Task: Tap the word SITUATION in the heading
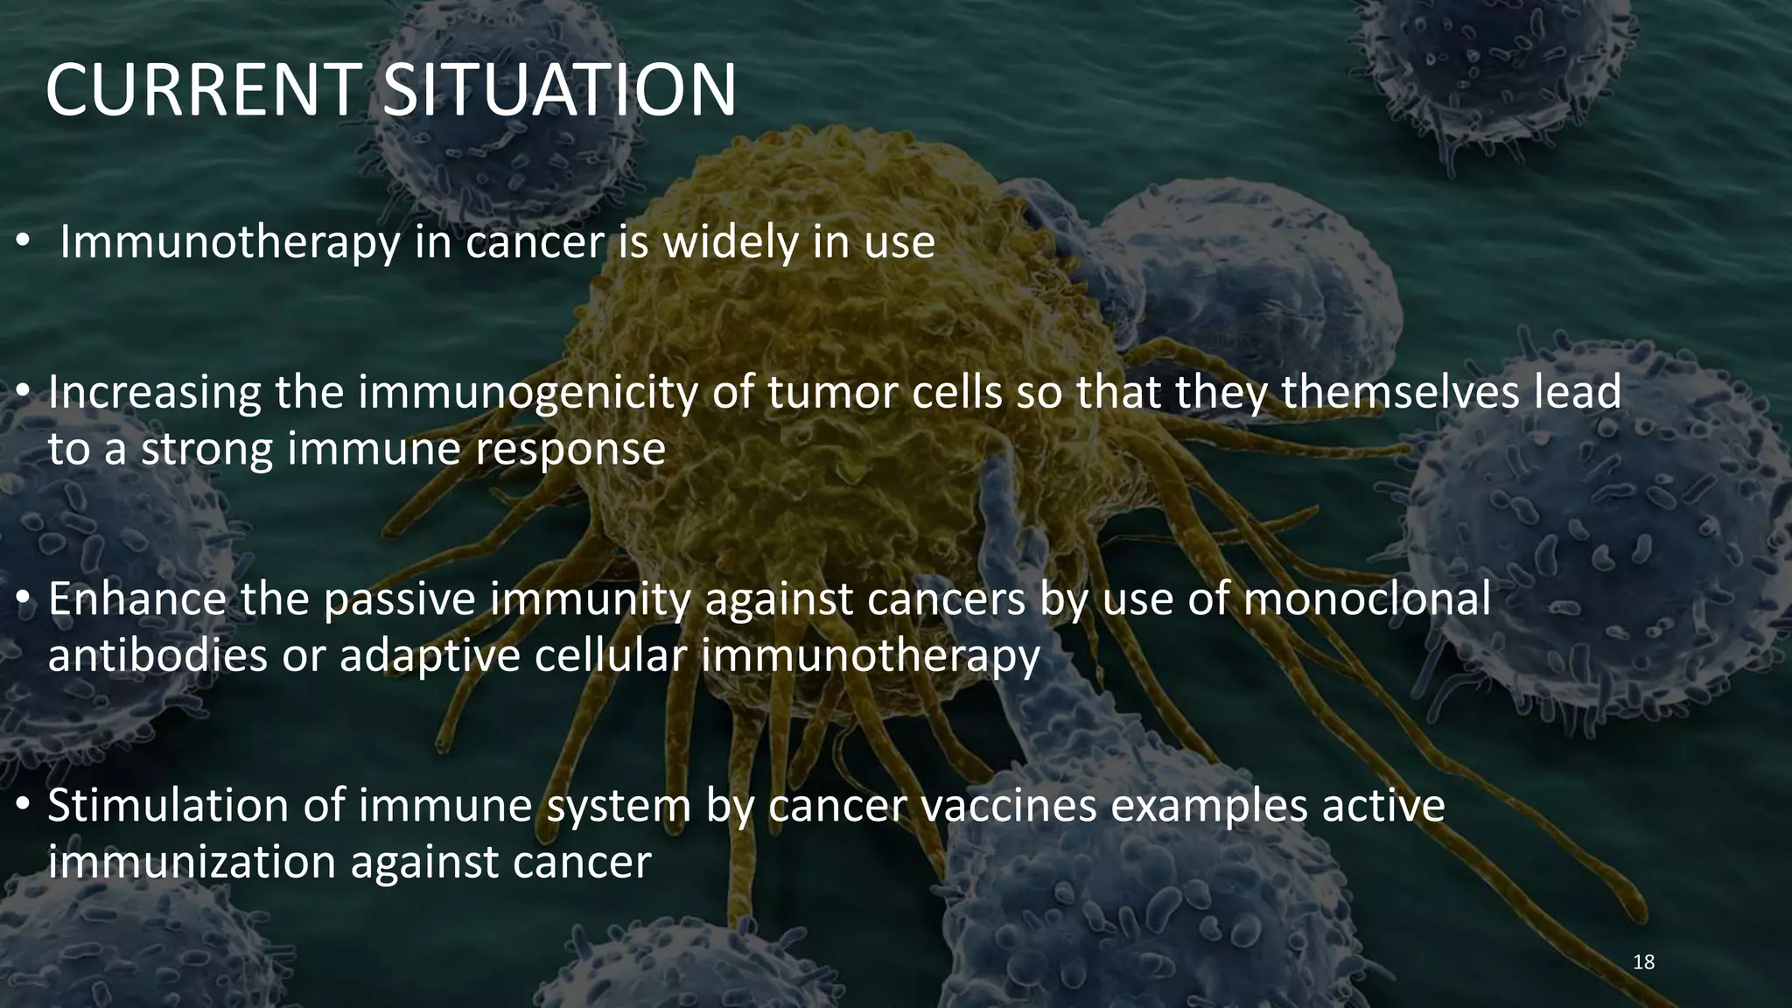pyautogui.click(x=560, y=90)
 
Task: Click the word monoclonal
pyautogui.click(x=1366, y=599)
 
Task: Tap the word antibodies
pyautogui.click(x=157, y=655)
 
